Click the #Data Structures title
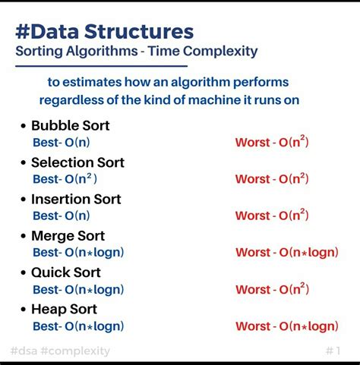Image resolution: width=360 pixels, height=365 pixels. click(104, 31)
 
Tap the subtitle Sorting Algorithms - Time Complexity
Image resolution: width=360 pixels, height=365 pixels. click(137, 52)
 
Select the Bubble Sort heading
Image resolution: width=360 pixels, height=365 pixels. click(70, 125)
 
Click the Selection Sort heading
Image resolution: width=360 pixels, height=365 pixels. click(77, 162)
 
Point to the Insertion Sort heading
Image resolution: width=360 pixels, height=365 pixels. click(76, 199)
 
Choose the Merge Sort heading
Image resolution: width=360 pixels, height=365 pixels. click(68, 236)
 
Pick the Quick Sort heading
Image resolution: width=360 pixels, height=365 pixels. click(66, 272)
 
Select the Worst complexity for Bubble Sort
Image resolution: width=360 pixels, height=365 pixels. click(272, 142)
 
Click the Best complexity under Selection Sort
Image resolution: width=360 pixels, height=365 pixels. click(65, 179)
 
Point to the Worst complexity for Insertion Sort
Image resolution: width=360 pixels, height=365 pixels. click(272, 216)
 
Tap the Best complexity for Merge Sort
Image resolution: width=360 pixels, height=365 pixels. click(78, 253)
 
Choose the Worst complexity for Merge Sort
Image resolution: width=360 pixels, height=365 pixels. click(286, 253)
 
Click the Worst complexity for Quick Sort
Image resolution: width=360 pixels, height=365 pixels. click(272, 289)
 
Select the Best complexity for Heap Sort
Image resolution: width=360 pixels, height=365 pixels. click(78, 326)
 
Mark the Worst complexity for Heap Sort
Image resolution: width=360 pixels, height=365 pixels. click(286, 326)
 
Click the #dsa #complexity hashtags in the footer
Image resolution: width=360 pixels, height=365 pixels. click(60, 351)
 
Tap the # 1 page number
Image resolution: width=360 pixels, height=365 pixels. click(333, 351)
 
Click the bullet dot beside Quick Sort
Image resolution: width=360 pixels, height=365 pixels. click(24, 273)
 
